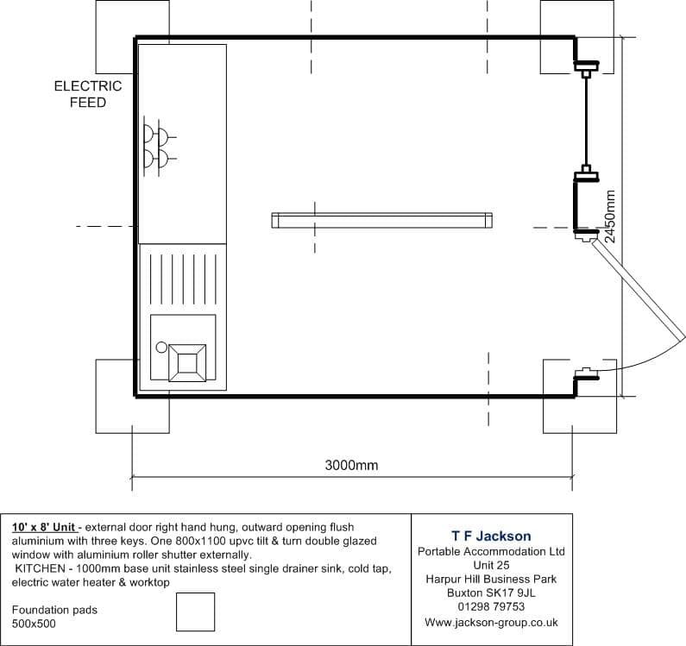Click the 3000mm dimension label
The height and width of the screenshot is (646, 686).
click(x=351, y=465)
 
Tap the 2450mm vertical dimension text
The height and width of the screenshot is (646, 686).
click(x=610, y=216)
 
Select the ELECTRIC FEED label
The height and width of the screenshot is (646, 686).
click(x=88, y=94)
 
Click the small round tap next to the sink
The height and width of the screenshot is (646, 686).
click(x=161, y=348)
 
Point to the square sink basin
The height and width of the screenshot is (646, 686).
click(x=187, y=363)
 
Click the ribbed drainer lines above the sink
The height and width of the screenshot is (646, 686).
click(x=183, y=279)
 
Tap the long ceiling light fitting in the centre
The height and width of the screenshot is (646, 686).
click(x=381, y=221)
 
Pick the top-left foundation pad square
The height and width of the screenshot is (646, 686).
click(x=133, y=37)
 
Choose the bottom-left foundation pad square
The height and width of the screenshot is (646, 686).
click(x=133, y=396)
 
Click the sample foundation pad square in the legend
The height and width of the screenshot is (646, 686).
click(x=196, y=612)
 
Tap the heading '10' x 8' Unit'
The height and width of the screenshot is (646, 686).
click(x=43, y=527)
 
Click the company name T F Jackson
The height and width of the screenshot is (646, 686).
click(x=491, y=536)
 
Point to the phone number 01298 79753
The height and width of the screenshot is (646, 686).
click(x=491, y=606)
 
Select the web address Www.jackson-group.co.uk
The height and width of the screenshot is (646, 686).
click(x=491, y=623)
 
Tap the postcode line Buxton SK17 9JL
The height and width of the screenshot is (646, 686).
click(x=491, y=593)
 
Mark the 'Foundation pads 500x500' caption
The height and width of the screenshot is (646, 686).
click(x=54, y=617)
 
